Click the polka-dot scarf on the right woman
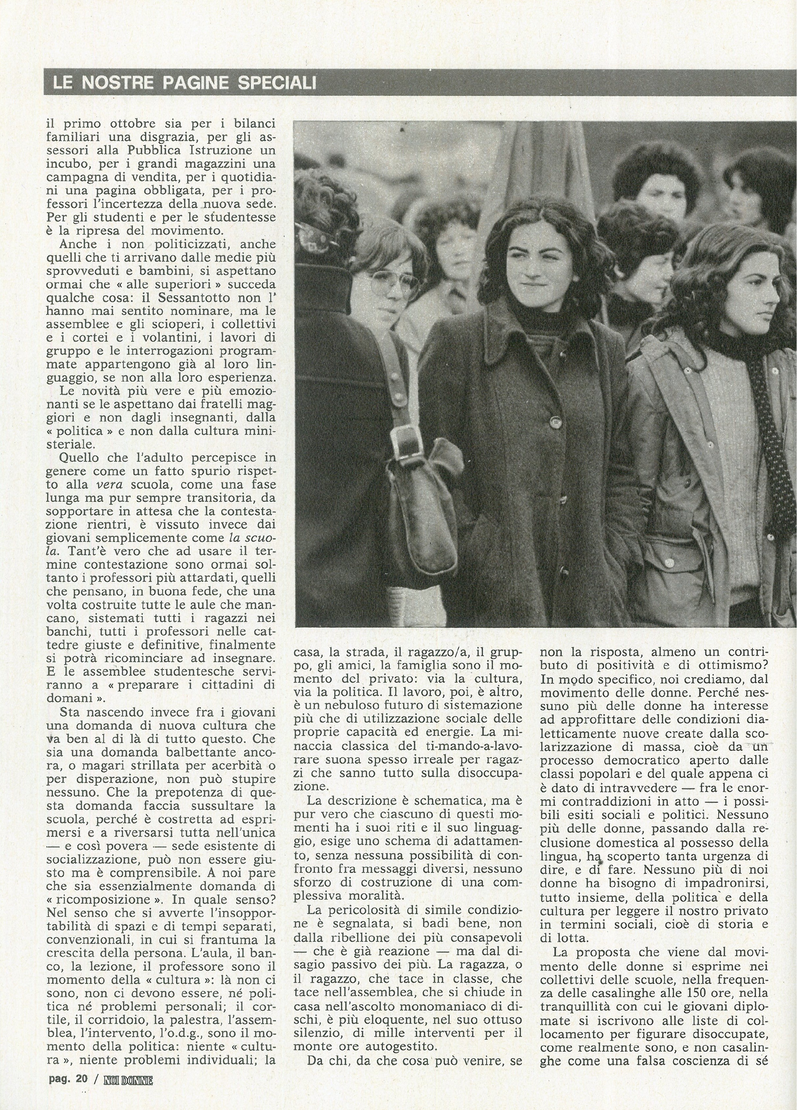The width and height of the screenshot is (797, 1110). [x=773, y=440]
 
